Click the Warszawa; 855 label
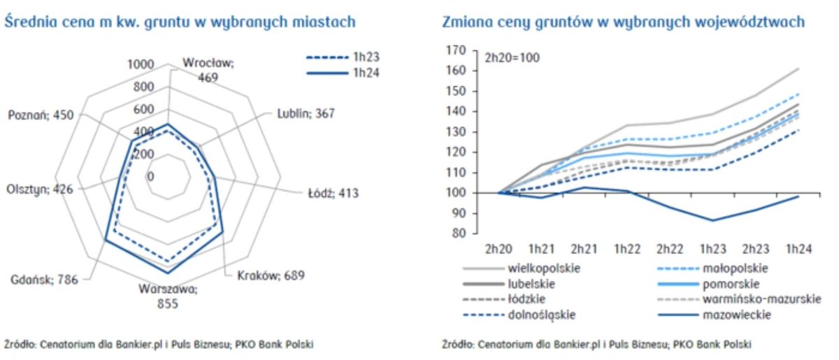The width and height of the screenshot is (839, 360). [x=168, y=296]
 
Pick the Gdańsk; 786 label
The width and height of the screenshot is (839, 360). [x=43, y=279]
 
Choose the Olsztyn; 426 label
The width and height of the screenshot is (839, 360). [x=38, y=189]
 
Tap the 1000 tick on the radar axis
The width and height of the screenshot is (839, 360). [x=140, y=64]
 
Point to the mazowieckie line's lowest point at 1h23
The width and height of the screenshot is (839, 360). [x=712, y=220]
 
